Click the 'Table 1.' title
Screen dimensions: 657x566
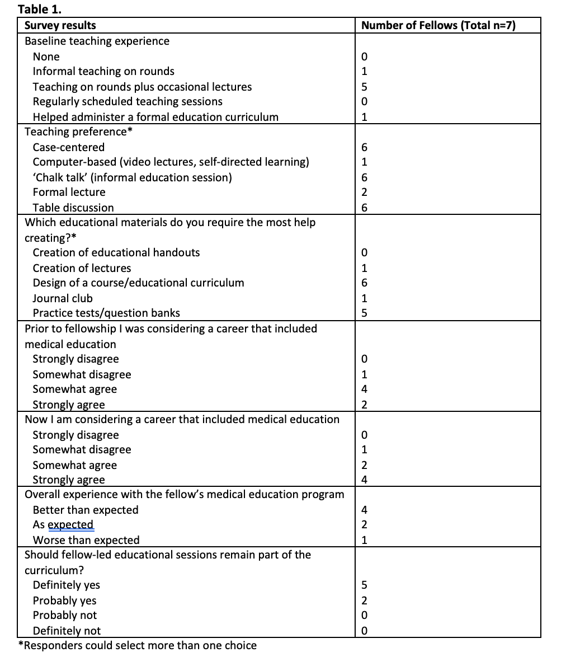[x=40, y=9]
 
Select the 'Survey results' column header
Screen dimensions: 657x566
[x=60, y=25]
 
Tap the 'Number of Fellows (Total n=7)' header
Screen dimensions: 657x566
[x=438, y=25]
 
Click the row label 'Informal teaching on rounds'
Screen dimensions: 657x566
[x=103, y=71]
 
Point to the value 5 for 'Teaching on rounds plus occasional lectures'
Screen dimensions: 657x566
[x=365, y=87]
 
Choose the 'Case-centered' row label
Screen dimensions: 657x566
[x=69, y=147]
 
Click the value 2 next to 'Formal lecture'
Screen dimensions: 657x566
[x=365, y=193]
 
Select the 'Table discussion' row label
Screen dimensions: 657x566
[x=73, y=208]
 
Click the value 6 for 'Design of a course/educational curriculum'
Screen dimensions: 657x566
[x=365, y=283]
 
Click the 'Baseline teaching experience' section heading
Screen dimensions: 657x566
[x=97, y=41]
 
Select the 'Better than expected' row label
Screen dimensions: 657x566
[x=86, y=510]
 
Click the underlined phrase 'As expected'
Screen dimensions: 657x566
[x=63, y=525]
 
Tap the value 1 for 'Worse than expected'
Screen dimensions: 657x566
[x=365, y=540]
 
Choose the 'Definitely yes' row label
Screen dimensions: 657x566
[x=67, y=585]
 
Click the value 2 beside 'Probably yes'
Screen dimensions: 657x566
[x=365, y=600]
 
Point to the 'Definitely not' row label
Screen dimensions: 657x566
[x=67, y=631]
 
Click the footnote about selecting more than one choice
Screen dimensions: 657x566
[x=138, y=645]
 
